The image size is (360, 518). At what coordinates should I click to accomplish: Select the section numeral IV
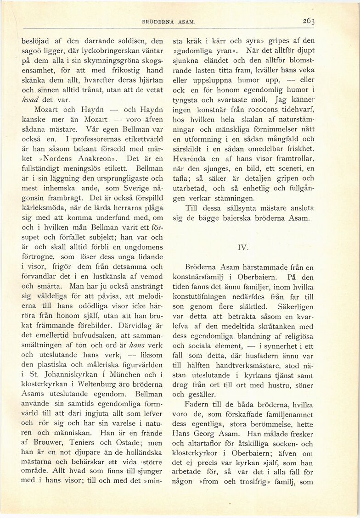click(x=243, y=247)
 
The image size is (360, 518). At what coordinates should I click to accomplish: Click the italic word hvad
click(x=30, y=100)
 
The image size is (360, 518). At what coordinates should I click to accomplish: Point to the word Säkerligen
click(x=292, y=306)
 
